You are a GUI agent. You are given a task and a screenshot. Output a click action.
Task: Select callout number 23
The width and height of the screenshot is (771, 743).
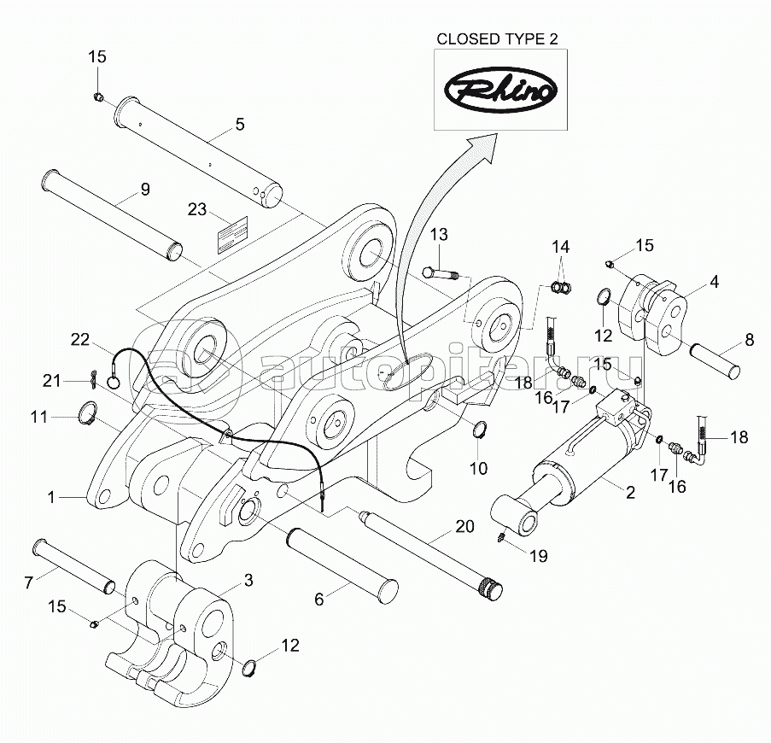pyautogui.click(x=197, y=209)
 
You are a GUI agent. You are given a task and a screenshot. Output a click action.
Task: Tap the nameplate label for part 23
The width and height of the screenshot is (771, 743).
pyautogui.click(x=231, y=234)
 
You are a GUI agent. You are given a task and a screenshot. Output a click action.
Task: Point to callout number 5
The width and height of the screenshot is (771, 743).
pyautogui.click(x=239, y=125)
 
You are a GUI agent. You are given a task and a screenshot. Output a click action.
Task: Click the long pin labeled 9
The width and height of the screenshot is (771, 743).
pyautogui.click(x=111, y=214)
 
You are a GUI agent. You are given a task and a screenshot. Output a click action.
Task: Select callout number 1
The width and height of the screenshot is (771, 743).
pyautogui.click(x=51, y=496)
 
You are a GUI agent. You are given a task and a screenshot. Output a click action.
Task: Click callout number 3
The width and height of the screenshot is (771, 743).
pyautogui.click(x=248, y=580)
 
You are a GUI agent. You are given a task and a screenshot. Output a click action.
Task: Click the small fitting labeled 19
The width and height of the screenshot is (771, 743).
pyautogui.click(x=502, y=536)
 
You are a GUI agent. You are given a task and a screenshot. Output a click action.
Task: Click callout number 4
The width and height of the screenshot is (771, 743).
pyautogui.click(x=714, y=279)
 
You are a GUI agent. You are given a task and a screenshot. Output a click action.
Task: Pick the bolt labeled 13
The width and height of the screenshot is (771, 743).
pyautogui.click(x=441, y=274)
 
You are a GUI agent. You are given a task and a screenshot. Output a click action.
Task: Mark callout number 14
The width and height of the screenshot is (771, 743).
pyautogui.click(x=559, y=247)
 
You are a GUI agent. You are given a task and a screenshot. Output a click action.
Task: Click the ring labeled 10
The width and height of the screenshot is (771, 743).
pyautogui.click(x=479, y=429)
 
